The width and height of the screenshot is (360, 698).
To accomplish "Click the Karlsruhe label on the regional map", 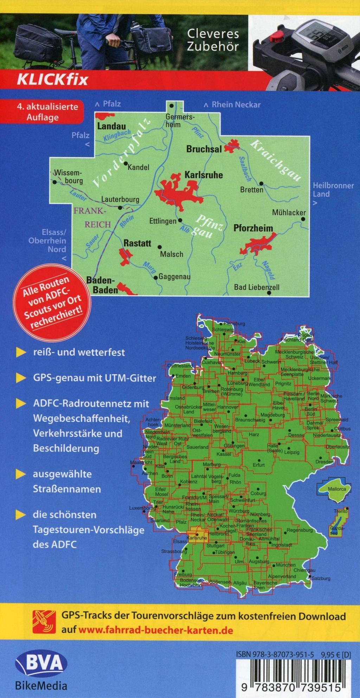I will [x=204, y=175].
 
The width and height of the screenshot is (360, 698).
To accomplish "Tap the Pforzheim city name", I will [x=253, y=228].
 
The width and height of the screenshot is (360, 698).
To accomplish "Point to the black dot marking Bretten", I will [x=262, y=183].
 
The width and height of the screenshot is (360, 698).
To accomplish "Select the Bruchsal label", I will [x=204, y=149].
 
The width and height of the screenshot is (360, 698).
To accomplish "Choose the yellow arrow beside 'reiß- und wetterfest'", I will [x=21, y=353].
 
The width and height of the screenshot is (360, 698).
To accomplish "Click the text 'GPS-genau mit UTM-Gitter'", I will [x=95, y=378].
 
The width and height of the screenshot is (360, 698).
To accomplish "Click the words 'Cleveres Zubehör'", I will [x=213, y=40].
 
